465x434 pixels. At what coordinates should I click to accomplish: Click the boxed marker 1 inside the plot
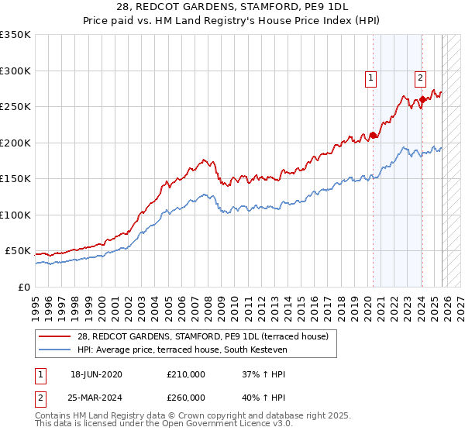(x=371, y=77)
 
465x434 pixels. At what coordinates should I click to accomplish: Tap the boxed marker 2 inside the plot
(x=420, y=77)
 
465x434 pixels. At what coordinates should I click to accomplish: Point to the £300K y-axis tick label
(x=15, y=71)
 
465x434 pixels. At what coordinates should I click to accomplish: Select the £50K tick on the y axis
(x=18, y=251)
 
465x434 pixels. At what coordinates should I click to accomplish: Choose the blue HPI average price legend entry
(x=182, y=350)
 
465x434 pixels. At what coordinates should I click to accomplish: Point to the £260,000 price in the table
(x=186, y=398)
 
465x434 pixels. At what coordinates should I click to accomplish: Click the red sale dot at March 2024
(x=422, y=99)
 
